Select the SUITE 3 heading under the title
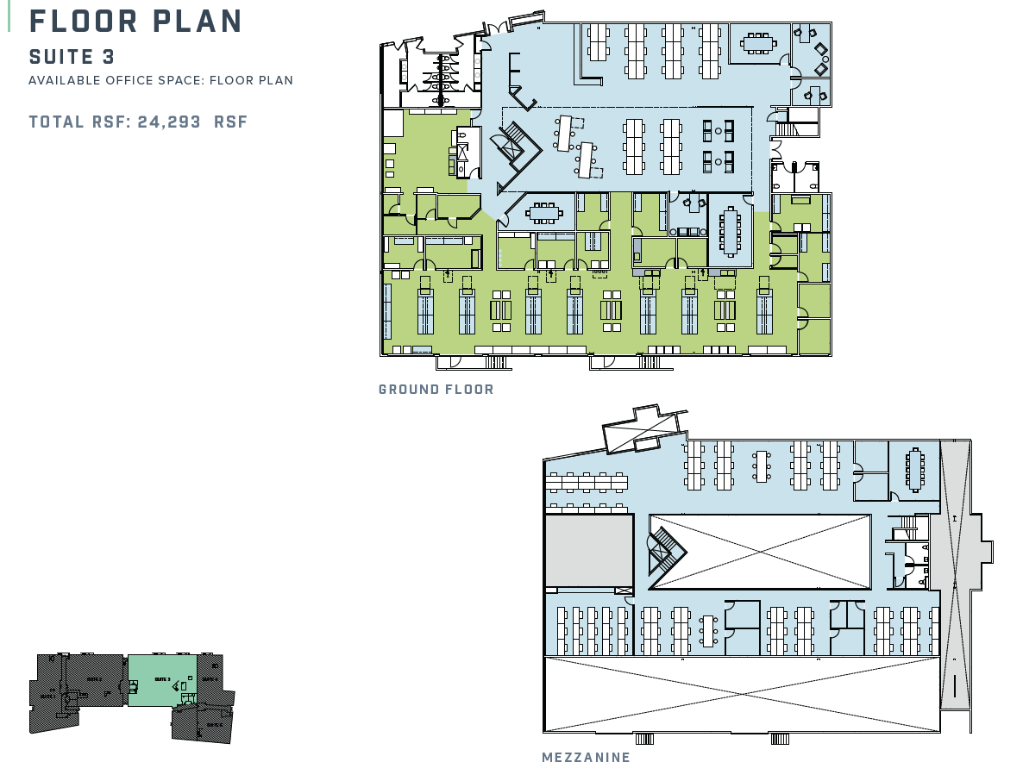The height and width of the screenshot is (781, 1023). coord(72,57)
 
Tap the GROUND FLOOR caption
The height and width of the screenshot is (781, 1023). coord(436,390)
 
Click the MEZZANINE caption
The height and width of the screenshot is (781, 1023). coord(587,758)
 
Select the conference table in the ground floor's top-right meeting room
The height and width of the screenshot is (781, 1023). coord(759,41)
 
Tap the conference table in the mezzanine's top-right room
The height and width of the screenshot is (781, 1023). coord(913,468)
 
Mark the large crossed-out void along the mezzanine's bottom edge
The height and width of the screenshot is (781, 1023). coord(742,694)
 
